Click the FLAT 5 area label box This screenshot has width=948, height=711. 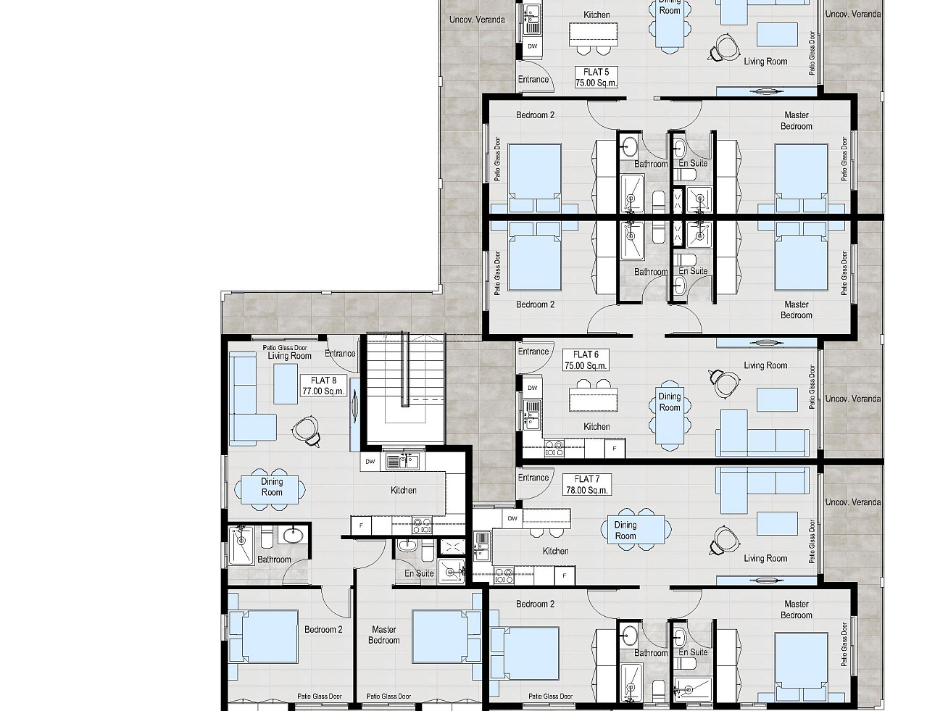pyautogui.click(x=596, y=78)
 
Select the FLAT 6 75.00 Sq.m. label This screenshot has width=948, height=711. pyautogui.click(x=586, y=360)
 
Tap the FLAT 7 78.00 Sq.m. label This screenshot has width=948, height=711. pyautogui.click(x=587, y=484)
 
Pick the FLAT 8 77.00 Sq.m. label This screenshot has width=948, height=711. pyautogui.click(x=323, y=386)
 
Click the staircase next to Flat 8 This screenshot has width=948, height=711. pyautogui.click(x=405, y=388)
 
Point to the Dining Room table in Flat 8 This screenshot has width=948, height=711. pyautogui.click(x=270, y=489)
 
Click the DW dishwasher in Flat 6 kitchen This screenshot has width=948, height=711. pyautogui.click(x=533, y=388)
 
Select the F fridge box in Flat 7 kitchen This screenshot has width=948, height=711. pyautogui.click(x=565, y=576)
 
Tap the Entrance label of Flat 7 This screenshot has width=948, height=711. pyautogui.click(x=533, y=478)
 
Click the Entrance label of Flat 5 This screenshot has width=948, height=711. pyautogui.click(x=533, y=80)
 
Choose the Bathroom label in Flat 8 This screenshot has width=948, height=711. pyautogui.click(x=274, y=560)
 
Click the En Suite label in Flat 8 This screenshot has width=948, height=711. pyautogui.click(x=419, y=573)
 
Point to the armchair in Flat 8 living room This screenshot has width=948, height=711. pyautogui.click(x=307, y=430)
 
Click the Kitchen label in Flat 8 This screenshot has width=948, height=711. pyautogui.click(x=404, y=490)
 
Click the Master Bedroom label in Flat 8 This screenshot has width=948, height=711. pyautogui.click(x=383, y=635)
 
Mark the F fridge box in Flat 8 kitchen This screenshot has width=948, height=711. pyautogui.click(x=361, y=525)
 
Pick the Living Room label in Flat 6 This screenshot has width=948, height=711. pyautogui.click(x=765, y=365)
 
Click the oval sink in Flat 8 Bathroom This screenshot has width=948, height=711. pyautogui.click(x=294, y=536)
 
